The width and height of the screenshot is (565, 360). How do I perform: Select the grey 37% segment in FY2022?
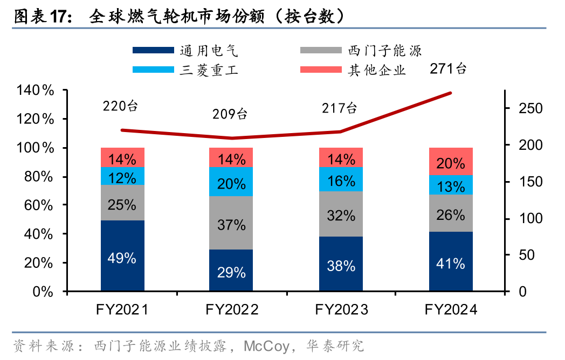click(x=231, y=223)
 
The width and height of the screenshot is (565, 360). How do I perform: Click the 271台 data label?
click(x=448, y=68)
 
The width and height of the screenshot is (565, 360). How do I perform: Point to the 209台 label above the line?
click(x=230, y=114)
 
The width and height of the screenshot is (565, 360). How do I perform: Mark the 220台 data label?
click(x=121, y=106)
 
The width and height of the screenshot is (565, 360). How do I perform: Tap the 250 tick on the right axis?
click(x=522, y=109)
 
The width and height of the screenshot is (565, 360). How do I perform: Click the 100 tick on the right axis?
click(x=522, y=219)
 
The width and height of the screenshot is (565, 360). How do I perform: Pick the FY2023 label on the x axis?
click(x=341, y=309)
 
